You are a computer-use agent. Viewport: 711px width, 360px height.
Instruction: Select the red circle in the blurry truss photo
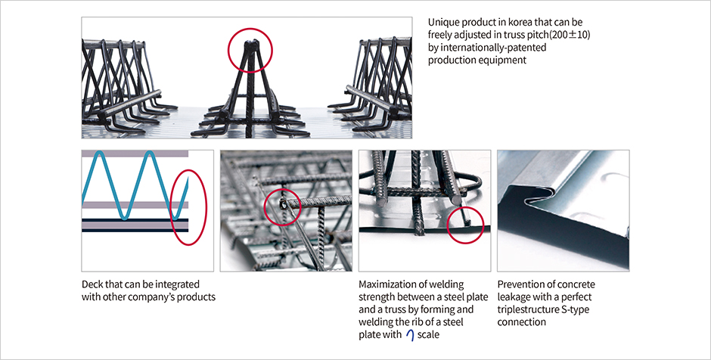pyautogui.click(x=283, y=205)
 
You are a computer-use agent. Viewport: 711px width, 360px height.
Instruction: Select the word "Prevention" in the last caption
pyautogui.click(x=523, y=284)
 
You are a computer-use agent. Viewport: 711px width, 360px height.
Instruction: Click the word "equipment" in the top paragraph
pyautogui.click(x=504, y=61)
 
